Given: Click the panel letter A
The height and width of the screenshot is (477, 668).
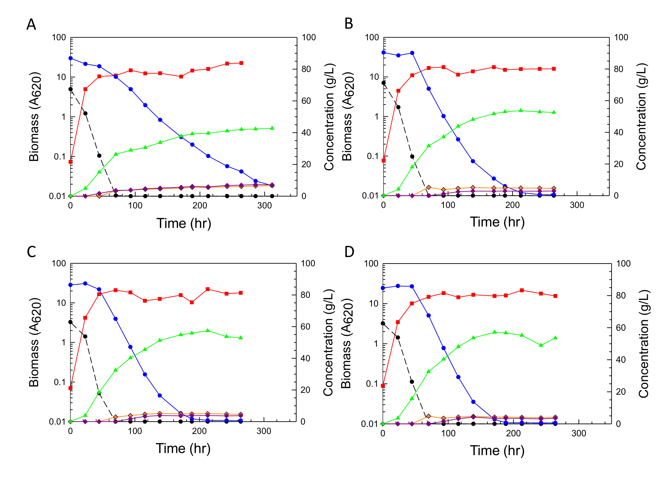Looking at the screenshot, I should coord(31,24).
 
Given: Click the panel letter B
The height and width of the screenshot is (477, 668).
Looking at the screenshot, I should coord(349,24).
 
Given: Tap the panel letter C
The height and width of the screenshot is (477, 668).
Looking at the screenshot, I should coord(32,252).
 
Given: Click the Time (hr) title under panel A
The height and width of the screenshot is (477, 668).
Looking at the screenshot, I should coord(184,223).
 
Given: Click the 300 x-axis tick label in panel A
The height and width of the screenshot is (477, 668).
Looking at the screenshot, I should coord(265,206).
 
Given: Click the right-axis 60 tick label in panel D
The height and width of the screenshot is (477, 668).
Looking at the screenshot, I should coord(621,327).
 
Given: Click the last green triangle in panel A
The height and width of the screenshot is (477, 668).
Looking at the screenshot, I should coord(272,128).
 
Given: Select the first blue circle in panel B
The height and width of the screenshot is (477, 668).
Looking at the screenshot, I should coord(383,53).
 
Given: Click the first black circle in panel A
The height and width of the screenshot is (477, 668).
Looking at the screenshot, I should coord(71,89).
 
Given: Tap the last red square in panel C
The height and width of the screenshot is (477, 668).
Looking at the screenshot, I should coord(241,293).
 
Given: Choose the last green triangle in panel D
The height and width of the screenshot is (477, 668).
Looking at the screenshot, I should coord(555,338).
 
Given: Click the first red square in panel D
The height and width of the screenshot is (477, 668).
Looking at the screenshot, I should coord(383,386).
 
